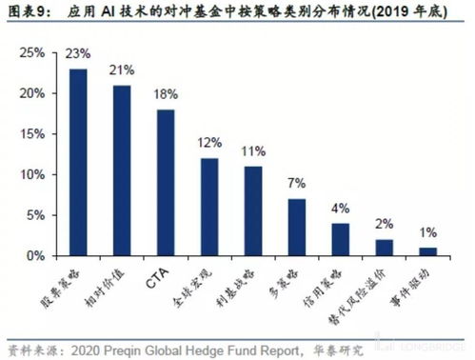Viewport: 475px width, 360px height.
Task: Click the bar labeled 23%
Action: click(x=79, y=162)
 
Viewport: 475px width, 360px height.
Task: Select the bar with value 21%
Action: click(x=122, y=170)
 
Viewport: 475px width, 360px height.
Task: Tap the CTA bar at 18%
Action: click(x=165, y=183)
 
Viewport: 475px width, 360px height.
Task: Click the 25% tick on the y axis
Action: click(x=31, y=53)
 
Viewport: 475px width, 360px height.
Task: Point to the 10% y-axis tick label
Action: click(x=31, y=175)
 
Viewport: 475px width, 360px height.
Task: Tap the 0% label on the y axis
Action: click(x=35, y=256)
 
